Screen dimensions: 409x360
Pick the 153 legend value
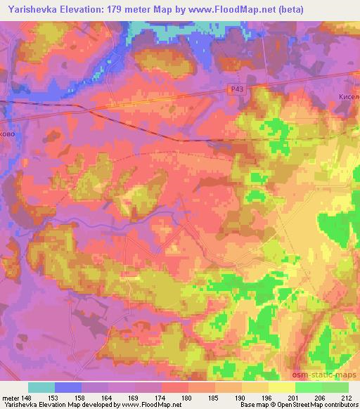56,398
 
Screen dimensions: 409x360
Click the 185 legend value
216,398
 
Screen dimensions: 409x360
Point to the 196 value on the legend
269,398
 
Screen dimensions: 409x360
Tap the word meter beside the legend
11,398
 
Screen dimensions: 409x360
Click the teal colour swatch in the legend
42,387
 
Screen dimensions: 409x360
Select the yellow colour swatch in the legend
282,387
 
